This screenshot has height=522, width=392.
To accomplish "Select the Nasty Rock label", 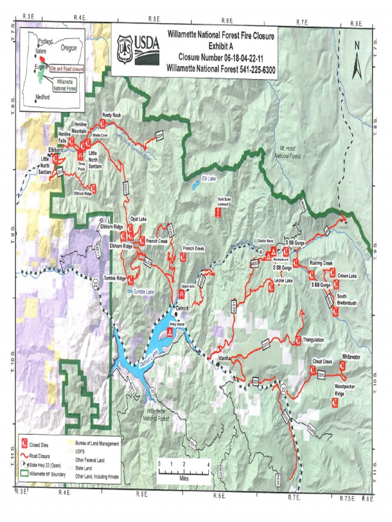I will tap(111, 116).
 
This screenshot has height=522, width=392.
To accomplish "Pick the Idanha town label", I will tap(225, 358).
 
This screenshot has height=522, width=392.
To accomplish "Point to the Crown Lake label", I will tap(349, 276).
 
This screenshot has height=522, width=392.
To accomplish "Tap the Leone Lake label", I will tap(283, 281).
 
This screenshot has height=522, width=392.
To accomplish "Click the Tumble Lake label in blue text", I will tap(143, 292).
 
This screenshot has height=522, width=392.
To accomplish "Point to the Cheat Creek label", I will tap(322, 361).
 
